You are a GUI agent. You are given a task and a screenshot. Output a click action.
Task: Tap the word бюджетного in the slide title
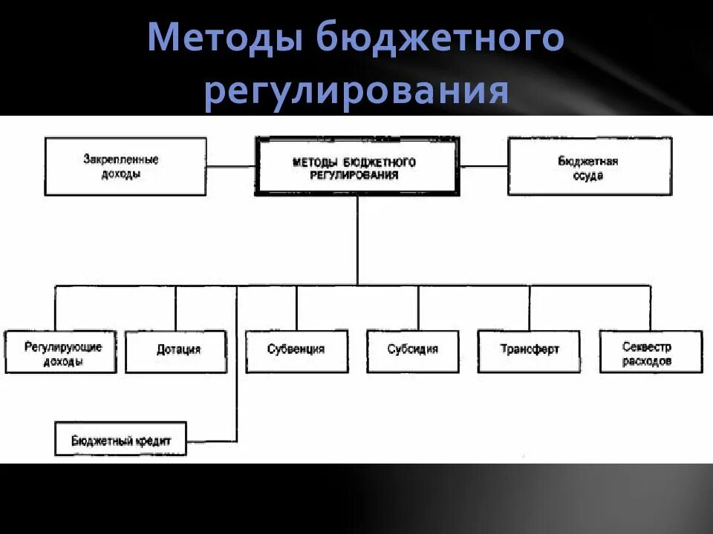440,39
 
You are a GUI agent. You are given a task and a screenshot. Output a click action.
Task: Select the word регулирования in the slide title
356,93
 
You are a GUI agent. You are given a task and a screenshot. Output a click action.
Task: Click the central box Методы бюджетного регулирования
356,166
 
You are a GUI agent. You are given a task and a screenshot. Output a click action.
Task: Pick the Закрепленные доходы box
125,166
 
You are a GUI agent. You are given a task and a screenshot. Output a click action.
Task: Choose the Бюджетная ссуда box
589,166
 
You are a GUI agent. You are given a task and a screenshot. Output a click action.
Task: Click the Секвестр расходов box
651,352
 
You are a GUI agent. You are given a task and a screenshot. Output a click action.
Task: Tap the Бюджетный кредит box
121,439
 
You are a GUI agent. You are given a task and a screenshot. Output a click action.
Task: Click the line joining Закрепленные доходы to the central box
231,166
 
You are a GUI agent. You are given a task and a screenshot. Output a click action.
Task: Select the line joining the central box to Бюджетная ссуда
484,166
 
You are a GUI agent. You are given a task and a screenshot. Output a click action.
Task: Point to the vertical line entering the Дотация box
176,308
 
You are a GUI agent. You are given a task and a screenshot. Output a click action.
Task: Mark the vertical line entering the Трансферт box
530,308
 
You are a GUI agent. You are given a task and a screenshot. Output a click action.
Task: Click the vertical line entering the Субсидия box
417,308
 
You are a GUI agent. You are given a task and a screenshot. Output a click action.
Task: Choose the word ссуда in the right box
588,177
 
